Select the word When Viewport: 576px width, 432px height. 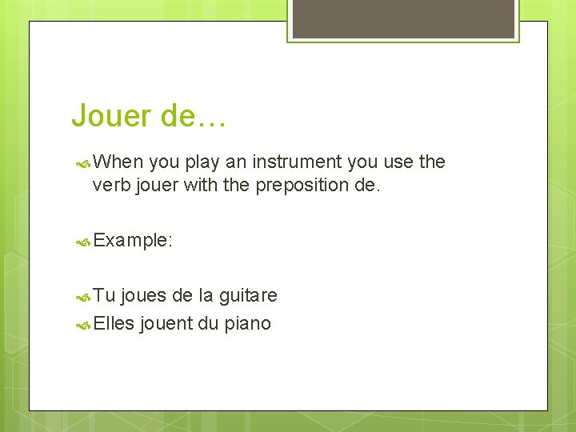(x=118, y=162)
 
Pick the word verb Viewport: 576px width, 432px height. (x=112, y=186)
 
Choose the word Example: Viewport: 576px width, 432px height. (x=133, y=240)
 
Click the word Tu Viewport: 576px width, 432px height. (x=104, y=296)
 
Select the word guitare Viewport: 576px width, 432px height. (x=248, y=296)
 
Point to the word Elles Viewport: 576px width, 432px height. (x=113, y=323)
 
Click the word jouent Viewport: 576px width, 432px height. (x=166, y=323)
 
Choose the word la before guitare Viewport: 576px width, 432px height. (x=206, y=296)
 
